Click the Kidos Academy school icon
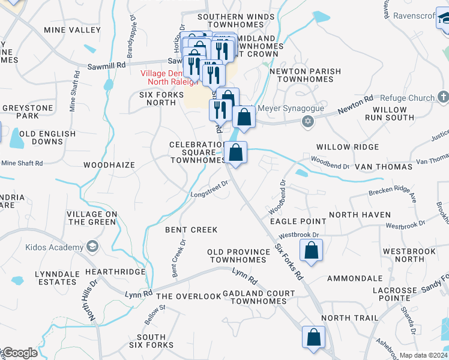(92, 247)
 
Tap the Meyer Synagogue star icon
(308, 122)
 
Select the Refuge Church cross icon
(443, 97)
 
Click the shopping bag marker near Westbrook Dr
(312, 251)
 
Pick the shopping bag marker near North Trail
(313, 338)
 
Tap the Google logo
(20, 353)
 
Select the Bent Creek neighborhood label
(191, 230)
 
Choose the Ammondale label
(355, 278)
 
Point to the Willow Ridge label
(348, 147)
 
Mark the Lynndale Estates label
(58, 278)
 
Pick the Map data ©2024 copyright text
(423, 355)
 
